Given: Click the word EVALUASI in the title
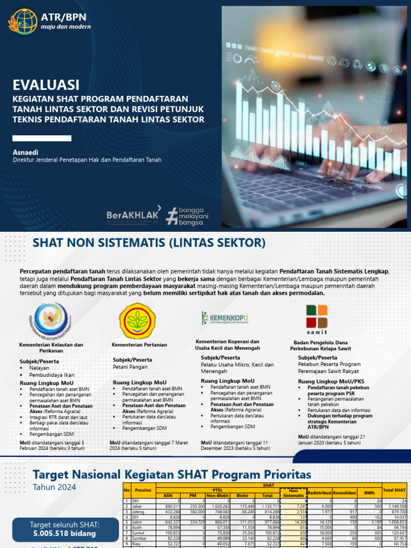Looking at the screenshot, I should [x=47, y=85].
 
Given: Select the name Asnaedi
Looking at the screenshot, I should [x=26, y=151].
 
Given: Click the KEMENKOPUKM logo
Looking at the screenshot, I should [x=225, y=318].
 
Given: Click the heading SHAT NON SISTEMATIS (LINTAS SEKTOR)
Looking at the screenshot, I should [x=149, y=242].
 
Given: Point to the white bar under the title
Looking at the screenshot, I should [x=42, y=138].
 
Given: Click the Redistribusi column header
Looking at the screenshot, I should [x=320, y=491].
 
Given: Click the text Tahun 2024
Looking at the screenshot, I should [x=54, y=487].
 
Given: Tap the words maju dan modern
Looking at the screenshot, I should [x=62, y=27].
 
